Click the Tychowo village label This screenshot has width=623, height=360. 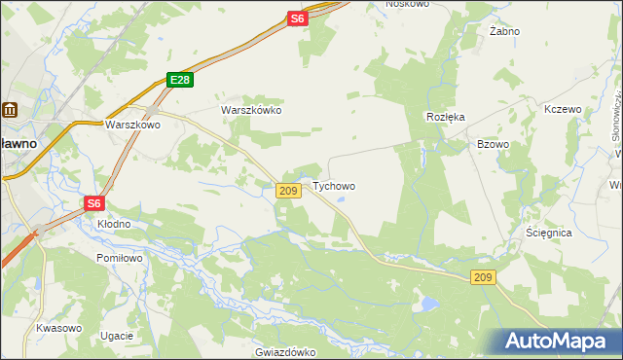333,186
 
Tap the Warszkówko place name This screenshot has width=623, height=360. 251,111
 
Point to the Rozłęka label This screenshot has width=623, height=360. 445,116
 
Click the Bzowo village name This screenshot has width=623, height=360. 493,144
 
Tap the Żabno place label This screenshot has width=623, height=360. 504,31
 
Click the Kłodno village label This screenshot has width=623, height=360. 114,224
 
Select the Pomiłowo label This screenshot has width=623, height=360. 120,258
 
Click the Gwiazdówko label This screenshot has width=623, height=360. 287,352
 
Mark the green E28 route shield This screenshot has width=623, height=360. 178,81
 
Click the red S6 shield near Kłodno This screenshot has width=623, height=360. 93,203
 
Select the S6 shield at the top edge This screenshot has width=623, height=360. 298,18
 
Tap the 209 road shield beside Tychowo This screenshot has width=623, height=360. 287,191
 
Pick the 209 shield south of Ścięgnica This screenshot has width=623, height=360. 485,278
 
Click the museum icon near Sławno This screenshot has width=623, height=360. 10,111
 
